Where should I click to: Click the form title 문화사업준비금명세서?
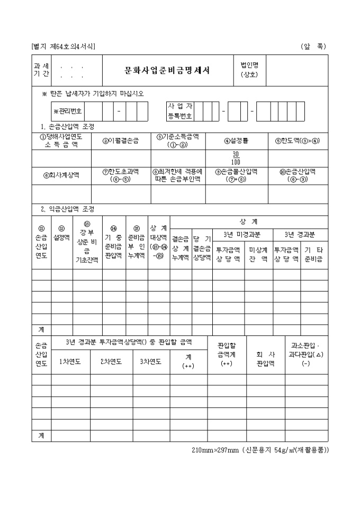coord(167,71)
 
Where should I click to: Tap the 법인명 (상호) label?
coord(249,70)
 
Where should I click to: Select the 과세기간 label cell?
coord(41,70)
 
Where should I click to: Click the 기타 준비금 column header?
coord(314,254)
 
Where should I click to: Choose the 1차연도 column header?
coord(70,362)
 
